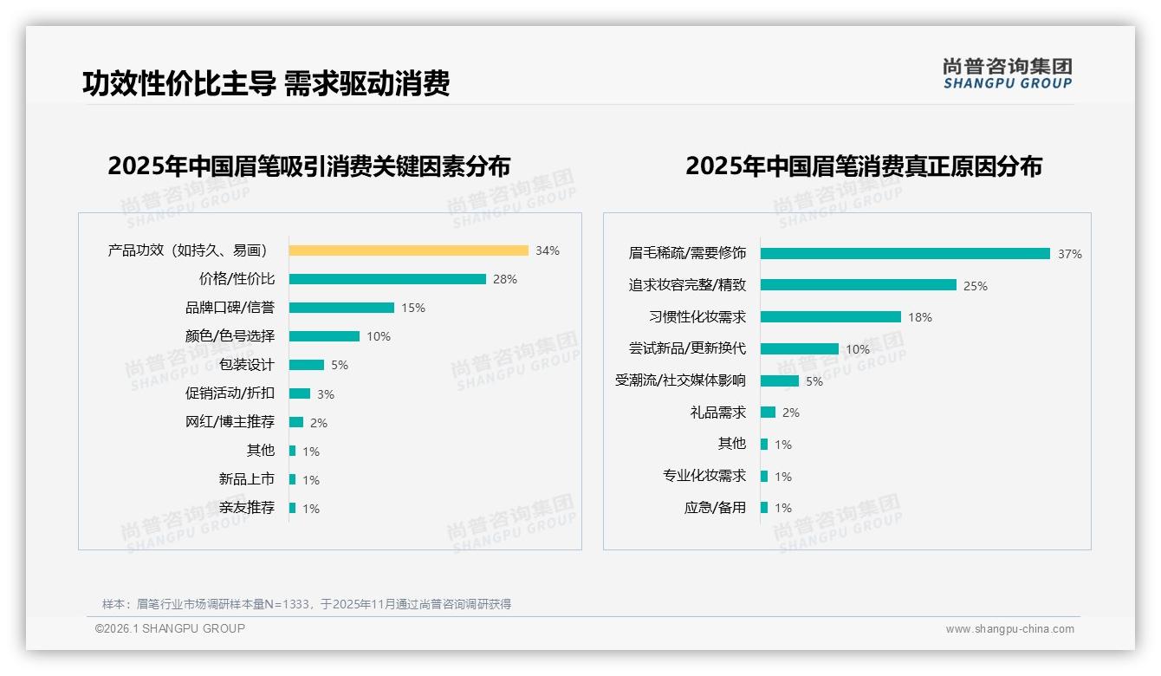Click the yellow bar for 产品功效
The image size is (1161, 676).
408,250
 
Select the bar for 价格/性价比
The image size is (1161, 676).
387,279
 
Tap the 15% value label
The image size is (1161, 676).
413,308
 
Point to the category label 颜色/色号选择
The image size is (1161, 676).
230,336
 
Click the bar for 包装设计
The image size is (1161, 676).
307,365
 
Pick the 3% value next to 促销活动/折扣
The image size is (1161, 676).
326,394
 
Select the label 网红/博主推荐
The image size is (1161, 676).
230,422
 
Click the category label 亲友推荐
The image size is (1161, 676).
247,508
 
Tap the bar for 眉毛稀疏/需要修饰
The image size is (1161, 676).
905,253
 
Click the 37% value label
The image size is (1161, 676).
1069,254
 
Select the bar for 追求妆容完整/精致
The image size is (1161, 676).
859,285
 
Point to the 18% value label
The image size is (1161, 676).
920,317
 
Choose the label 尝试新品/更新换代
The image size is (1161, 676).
687,348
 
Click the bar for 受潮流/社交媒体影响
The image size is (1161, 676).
780,380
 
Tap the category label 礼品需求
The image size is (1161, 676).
717,413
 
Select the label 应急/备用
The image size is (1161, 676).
715,508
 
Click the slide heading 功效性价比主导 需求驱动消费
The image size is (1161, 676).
266,83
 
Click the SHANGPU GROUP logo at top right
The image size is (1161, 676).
1007,74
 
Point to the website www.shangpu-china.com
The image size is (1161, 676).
1009,629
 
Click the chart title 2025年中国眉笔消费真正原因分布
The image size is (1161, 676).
863,166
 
